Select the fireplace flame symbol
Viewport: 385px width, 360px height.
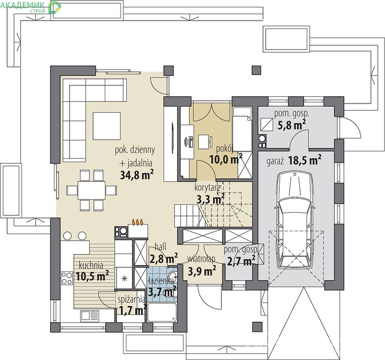138,222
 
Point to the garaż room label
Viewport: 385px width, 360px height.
275,162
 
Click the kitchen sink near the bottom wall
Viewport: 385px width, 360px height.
90,316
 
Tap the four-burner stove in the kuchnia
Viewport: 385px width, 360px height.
67,278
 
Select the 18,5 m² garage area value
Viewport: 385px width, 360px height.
304,160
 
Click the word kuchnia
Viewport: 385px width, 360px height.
91,265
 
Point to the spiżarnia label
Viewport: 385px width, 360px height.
131,299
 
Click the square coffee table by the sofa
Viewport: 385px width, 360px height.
107,126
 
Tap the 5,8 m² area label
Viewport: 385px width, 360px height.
292,125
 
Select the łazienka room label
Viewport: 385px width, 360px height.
161,281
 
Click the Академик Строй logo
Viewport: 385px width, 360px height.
31,7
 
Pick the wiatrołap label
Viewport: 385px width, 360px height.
201,259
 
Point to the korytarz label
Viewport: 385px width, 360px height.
207,188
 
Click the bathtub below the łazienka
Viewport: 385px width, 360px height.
161,313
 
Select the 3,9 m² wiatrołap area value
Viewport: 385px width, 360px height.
202,271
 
